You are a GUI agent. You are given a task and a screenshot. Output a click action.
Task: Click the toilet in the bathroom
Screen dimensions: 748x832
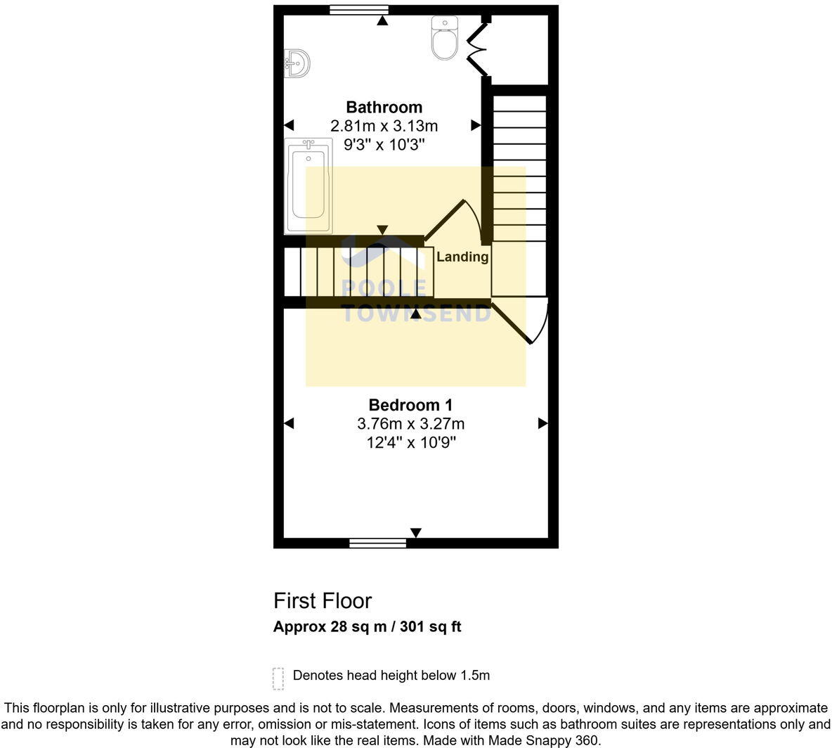coord(444,39)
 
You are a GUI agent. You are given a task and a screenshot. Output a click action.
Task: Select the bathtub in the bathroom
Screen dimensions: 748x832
coord(308,186)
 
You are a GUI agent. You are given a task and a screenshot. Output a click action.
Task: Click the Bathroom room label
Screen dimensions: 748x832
coord(384,108)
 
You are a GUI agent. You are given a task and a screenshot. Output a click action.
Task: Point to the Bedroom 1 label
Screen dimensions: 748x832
coord(410,405)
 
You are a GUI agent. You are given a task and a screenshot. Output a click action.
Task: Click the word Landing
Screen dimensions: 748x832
coord(462,257)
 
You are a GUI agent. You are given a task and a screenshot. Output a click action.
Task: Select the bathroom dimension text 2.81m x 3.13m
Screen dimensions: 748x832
coord(384,127)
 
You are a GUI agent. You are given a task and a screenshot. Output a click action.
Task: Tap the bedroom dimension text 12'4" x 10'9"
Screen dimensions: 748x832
coord(410,443)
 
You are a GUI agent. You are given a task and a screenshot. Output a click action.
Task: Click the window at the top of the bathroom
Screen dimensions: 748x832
coord(359,10)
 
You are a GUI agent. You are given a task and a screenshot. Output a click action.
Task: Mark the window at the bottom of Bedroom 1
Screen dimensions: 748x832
coord(378,543)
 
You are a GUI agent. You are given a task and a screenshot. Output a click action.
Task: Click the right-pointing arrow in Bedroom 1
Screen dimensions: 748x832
coord(542,423)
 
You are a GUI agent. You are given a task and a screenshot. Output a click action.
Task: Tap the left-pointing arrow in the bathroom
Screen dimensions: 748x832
coord(289,125)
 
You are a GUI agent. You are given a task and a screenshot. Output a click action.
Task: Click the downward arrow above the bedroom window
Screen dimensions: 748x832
coord(416,533)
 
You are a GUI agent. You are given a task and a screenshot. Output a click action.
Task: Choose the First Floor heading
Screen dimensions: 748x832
coord(322,601)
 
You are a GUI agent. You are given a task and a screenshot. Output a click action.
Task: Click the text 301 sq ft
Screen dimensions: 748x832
coord(430,627)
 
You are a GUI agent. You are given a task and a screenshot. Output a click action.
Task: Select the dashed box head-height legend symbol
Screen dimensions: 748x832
coord(278,678)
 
